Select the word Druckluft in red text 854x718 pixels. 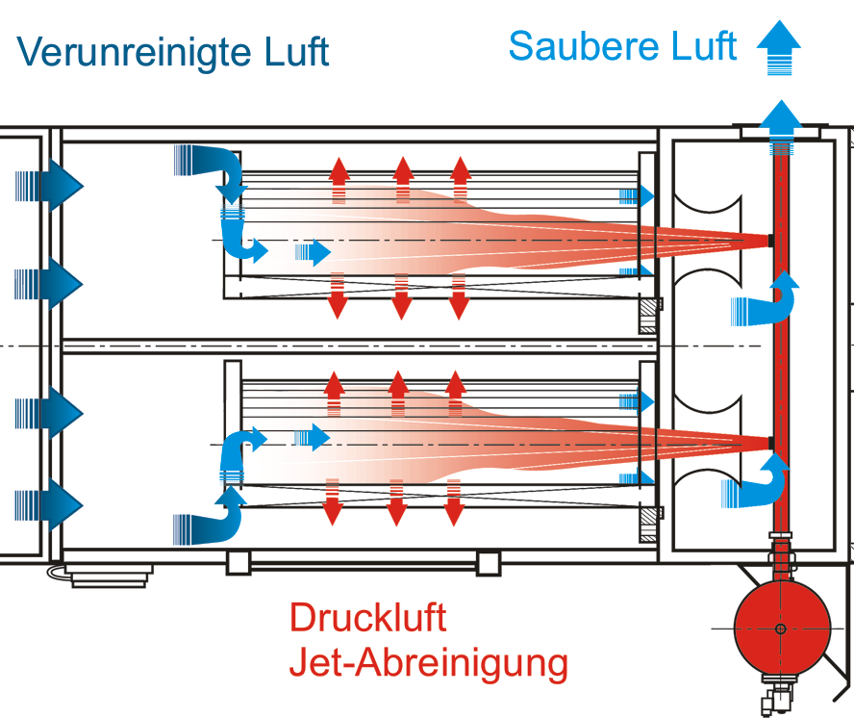(368, 618)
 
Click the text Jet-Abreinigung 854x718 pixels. (429, 662)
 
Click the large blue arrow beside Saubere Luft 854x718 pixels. (778, 48)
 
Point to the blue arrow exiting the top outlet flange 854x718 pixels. (781, 123)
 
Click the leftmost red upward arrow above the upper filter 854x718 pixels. (338, 178)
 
